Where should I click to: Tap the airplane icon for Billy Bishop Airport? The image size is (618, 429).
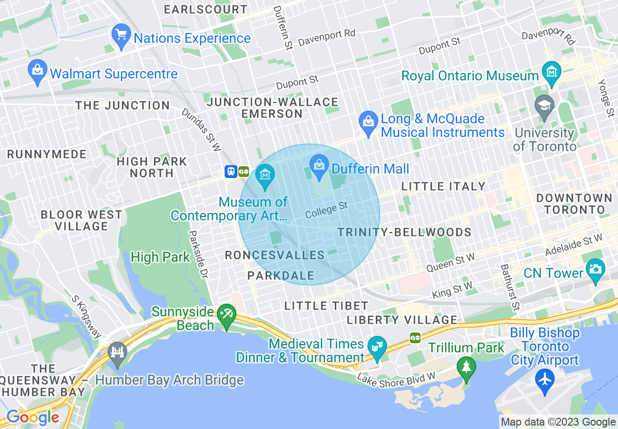coord(544,378)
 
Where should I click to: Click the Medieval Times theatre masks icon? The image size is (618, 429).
coord(377,346)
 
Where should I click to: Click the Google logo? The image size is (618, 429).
coord(33,417)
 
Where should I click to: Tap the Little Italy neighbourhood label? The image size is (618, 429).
coord(443,186)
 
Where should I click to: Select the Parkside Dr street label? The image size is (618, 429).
coord(198,255)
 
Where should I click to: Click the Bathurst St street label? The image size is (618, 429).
coord(509,288)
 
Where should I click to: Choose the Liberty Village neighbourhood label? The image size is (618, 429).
coord(402,320)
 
